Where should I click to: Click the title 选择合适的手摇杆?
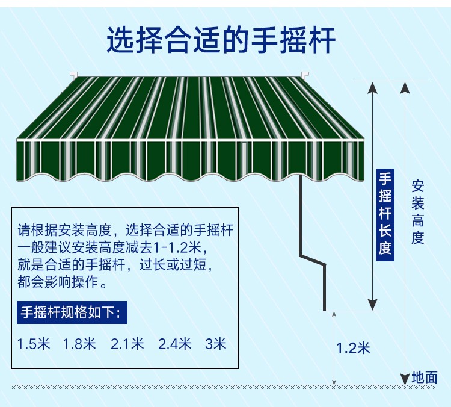click(221, 40)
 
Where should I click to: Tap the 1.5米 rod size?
click(34, 344)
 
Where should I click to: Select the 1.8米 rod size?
click(79, 344)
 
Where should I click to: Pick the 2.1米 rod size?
click(127, 344)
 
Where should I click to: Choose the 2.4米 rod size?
click(174, 344)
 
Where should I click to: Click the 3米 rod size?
click(216, 344)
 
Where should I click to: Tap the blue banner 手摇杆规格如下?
click(72, 312)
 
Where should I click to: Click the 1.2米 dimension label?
click(353, 347)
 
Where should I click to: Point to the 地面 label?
click(425, 377)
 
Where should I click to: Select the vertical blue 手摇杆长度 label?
click(385, 214)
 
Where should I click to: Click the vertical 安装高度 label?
click(417, 212)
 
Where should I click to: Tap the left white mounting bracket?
click(73, 75)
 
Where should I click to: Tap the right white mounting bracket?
click(305, 75)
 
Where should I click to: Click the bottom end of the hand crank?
click(325, 310)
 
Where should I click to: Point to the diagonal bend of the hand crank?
click(312, 259)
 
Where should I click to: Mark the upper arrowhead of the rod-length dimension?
click(372, 87)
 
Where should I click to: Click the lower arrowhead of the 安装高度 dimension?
click(405, 379)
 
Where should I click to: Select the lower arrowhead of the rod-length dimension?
click(372, 305)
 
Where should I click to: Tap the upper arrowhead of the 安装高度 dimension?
click(405, 87)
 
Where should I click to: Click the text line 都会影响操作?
click(63, 282)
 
